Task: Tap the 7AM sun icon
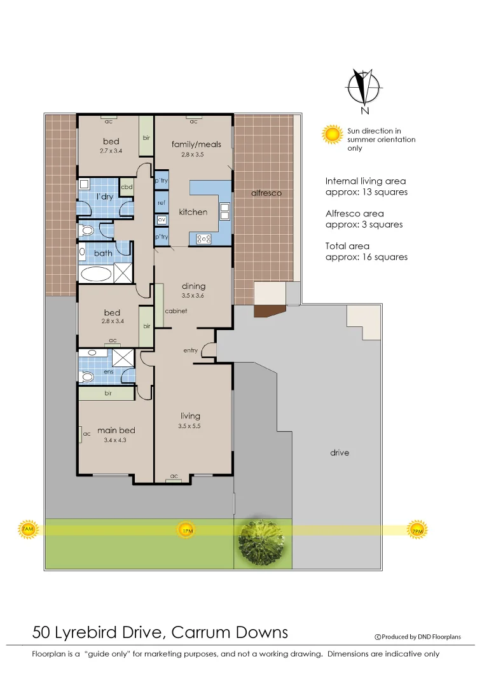pyautogui.click(x=27, y=529)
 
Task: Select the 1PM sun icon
pyautogui.click(x=186, y=530)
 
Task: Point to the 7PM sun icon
pyautogui.click(x=417, y=530)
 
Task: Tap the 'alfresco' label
pyautogui.click(x=266, y=193)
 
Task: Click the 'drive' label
pyautogui.click(x=339, y=453)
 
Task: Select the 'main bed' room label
pyautogui.click(x=116, y=431)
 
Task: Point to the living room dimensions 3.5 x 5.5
pyautogui.click(x=189, y=426)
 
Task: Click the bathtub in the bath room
pyautogui.click(x=95, y=274)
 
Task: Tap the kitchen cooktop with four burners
pyautogui.click(x=203, y=239)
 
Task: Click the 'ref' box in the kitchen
pyautogui.click(x=162, y=202)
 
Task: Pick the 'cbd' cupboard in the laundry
pyautogui.click(x=127, y=187)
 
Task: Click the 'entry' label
pyautogui.click(x=190, y=350)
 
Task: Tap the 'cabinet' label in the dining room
pyautogui.click(x=176, y=311)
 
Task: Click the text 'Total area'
pyautogui.click(x=347, y=246)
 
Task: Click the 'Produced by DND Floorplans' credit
pyautogui.click(x=418, y=636)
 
